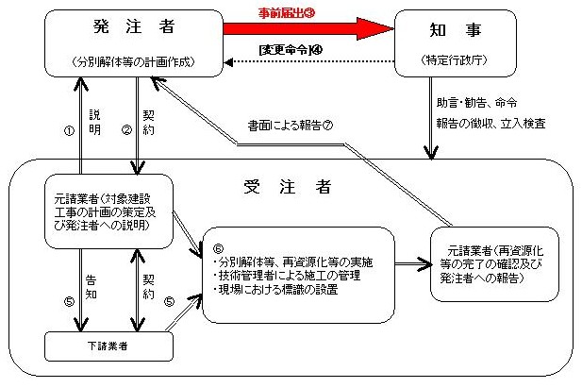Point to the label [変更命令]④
[x=289, y=49]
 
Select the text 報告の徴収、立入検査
[x=490, y=123]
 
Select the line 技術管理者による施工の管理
[x=278, y=275]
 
